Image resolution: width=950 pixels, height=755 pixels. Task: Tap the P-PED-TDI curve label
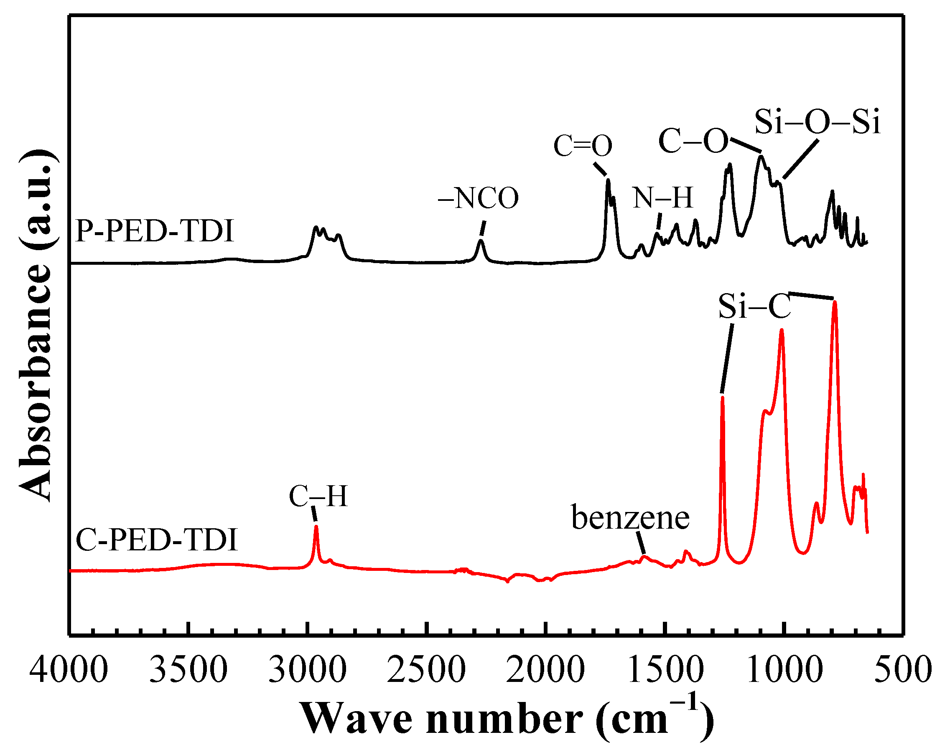(154, 231)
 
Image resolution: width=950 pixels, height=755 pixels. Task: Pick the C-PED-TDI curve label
(156, 540)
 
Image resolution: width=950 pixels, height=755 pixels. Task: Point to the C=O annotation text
(583, 146)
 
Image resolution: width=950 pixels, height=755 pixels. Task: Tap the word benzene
(630, 518)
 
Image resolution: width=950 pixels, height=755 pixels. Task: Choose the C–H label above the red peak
(318, 496)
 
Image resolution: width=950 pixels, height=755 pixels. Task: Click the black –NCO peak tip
(481, 241)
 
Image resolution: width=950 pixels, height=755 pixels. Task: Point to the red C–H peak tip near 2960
(316, 527)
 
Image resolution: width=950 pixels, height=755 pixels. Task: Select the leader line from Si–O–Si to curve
(800, 159)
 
